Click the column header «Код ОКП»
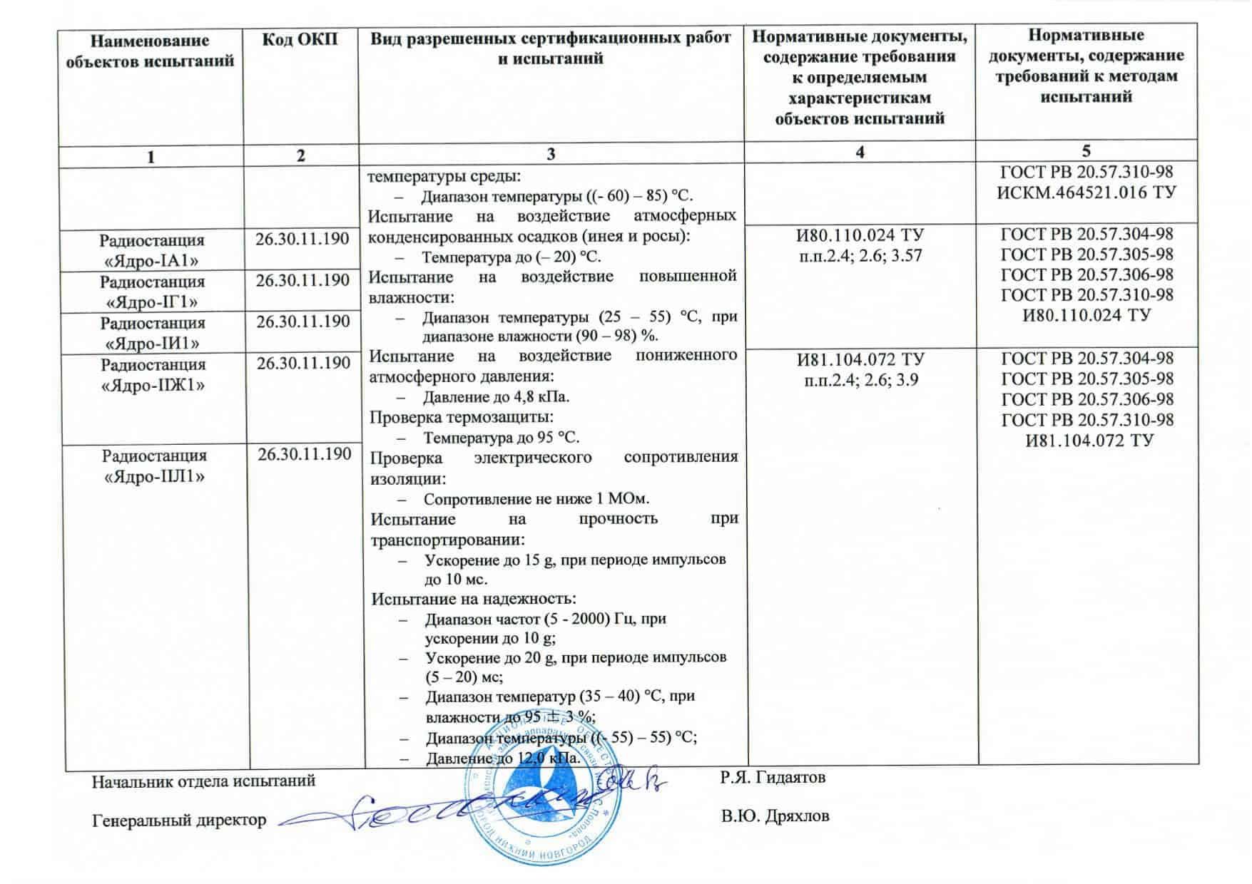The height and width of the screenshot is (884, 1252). pos(300,39)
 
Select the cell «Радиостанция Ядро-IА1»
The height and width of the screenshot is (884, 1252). pos(151,250)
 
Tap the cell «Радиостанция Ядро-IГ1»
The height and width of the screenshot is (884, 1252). pos(151,292)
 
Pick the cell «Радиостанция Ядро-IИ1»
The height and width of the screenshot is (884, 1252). pos(152,333)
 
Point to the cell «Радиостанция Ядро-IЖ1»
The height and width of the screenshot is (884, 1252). pos(153,375)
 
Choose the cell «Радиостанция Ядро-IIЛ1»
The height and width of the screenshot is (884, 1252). pos(154,466)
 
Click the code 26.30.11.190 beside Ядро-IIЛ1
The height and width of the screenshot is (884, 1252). pos(305,454)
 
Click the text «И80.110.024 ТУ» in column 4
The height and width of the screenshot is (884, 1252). pos(860,235)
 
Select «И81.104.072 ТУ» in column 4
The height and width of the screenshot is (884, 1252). pos(860,359)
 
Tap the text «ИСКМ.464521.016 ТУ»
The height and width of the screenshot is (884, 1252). pos(1086,192)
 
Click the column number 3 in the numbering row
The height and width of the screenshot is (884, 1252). pos(550,154)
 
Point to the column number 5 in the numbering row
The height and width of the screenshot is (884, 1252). pos(1086,151)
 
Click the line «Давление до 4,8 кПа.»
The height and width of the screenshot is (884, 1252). pos(496,397)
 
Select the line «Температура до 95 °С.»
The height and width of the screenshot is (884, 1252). pos(501,438)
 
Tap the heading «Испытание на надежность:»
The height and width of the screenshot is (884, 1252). pos(474,599)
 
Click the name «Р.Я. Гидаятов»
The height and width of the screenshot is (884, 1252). pos(773,777)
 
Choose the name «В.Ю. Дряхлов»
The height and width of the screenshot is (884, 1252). pos(775,816)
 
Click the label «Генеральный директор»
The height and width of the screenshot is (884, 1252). pos(179,821)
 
